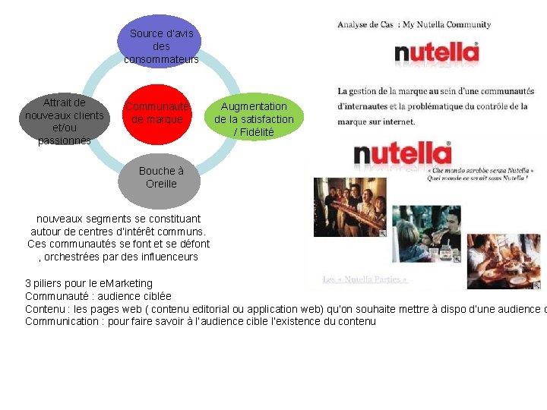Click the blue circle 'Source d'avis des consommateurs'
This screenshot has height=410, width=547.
pyautogui.click(x=161, y=43)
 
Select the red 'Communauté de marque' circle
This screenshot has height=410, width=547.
pyautogui.click(x=157, y=114)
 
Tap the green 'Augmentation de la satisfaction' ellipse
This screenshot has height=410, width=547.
pyautogui.click(x=254, y=119)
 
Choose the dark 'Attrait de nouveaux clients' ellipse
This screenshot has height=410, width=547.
pyautogui.click(x=65, y=118)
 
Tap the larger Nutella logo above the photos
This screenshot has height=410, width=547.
pyautogui.click(x=403, y=155)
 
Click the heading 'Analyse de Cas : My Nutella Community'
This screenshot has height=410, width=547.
pyautogui.click(x=414, y=24)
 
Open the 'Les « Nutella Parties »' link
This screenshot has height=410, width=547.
pyautogui.click(x=365, y=279)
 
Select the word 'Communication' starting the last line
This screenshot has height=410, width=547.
pyautogui.click(x=59, y=321)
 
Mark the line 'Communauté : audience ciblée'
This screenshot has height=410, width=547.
pyautogui.click(x=98, y=296)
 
